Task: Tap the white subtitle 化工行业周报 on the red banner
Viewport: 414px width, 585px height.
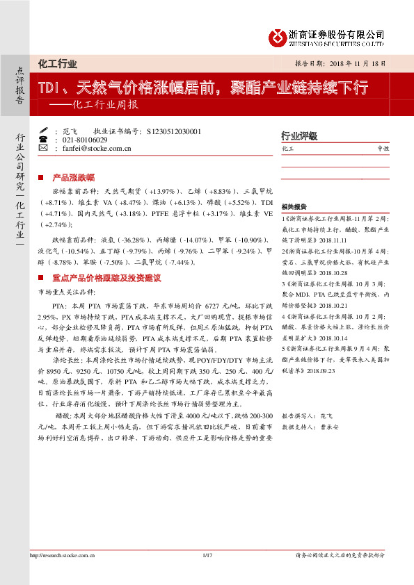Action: pos(104,106)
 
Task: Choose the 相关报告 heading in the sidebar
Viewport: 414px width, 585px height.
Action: pos(294,207)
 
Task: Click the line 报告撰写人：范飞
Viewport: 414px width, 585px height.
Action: pos(307,414)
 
